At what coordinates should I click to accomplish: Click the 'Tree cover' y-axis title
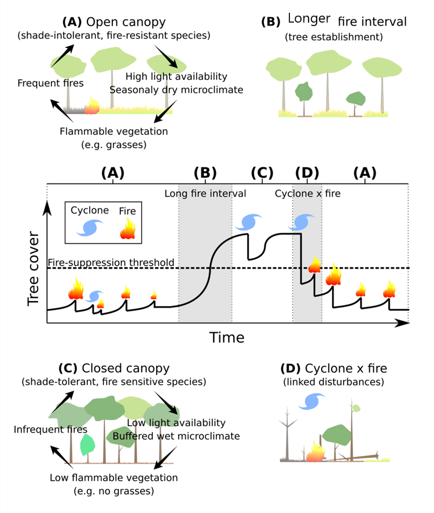(34, 269)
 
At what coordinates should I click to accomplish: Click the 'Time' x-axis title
(226, 337)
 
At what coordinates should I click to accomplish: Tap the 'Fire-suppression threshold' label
(111, 262)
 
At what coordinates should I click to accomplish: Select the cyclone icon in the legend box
(89, 228)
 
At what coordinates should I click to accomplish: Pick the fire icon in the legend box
(128, 228)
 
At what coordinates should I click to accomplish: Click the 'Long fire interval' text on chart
(205, 193)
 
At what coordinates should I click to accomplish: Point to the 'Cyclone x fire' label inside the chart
(307, 193)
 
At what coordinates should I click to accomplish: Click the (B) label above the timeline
(205, 173)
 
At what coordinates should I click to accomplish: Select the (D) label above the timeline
(307, 173)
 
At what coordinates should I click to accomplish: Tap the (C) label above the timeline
(262, 173)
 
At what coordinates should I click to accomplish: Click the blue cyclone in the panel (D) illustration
(313, 401)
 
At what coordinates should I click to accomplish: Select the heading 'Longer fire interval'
(334, 22)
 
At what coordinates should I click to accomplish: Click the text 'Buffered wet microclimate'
(176, 435)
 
